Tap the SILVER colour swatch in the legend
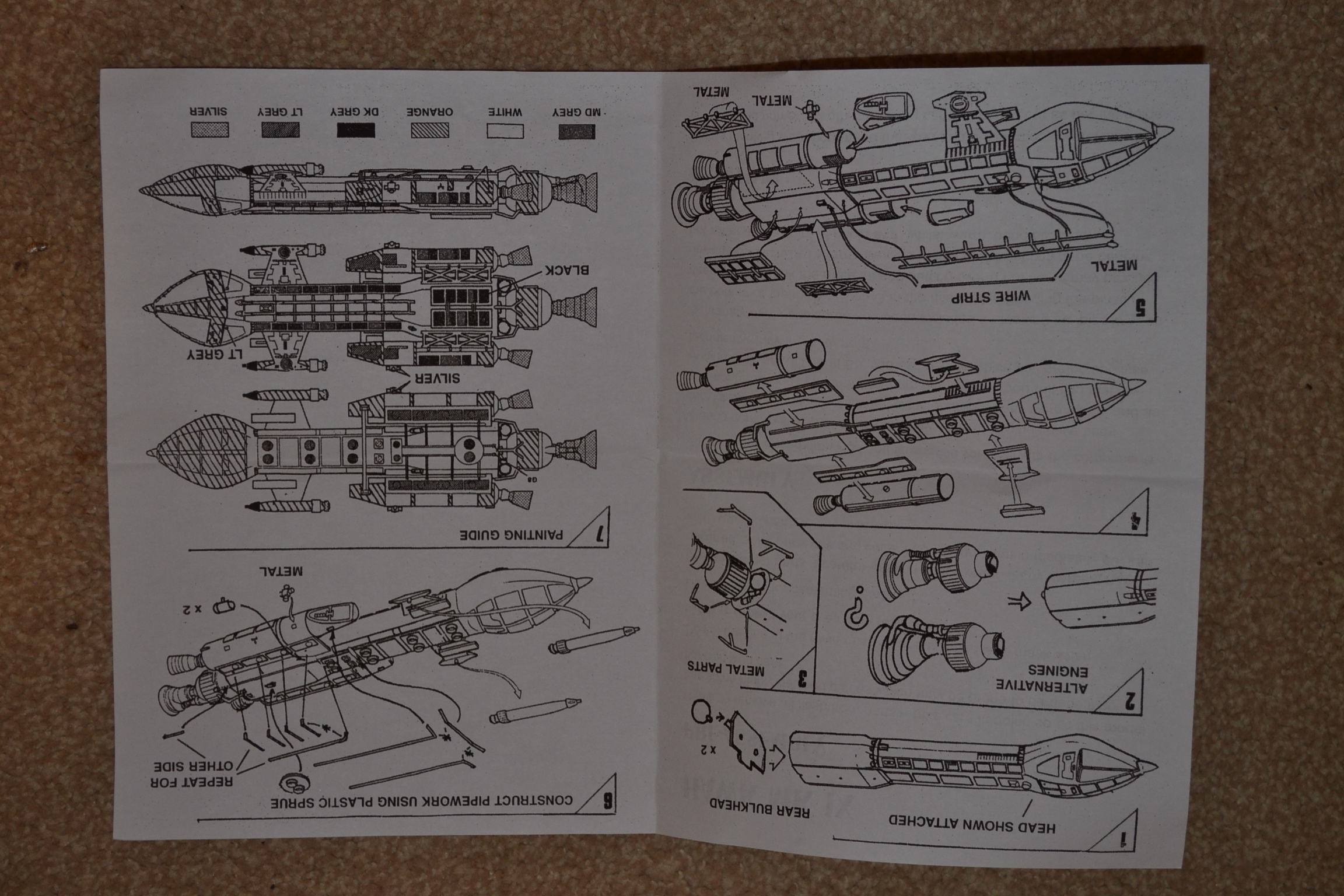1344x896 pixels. click(x=209, y=129)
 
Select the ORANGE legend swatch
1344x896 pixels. click(x=430, y=130)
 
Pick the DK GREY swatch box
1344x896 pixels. click(x=356, y=129)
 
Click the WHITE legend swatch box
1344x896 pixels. click(x=505, y=131)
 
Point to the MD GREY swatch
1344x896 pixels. click(x=577, y=131)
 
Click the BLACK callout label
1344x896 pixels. click(x=567, y=269)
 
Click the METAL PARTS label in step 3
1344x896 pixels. click(x=726, y=668)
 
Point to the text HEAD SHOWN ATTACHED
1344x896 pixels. click(x=972, y=823)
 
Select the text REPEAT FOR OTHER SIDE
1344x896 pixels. click(x=193, y=773)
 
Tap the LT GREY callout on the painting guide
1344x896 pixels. click(x=214, y=354)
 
